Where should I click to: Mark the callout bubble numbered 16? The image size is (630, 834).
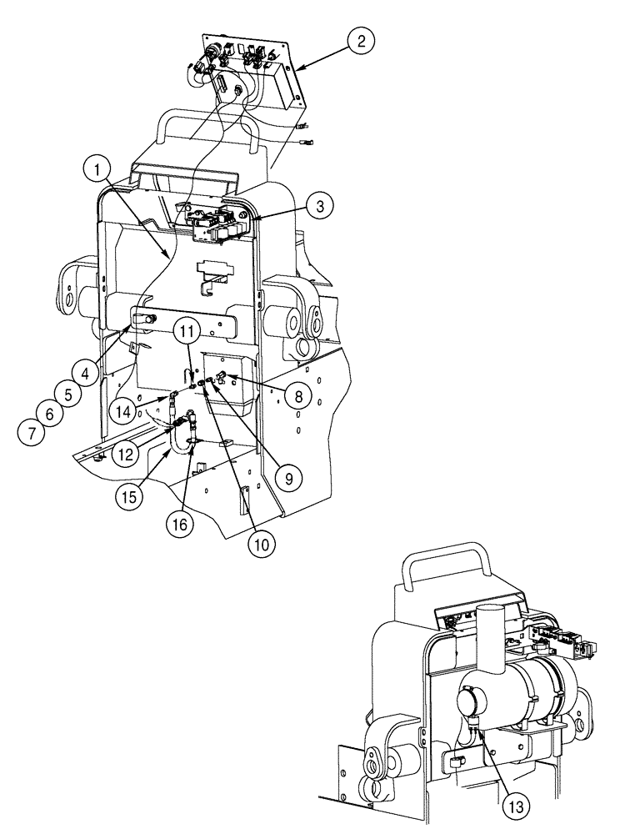[x=181, y=525]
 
